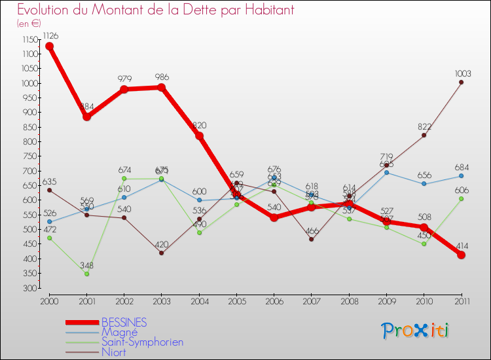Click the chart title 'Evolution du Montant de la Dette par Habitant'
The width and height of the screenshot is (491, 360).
pos(155,10)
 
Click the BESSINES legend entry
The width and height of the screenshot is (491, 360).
pos(124,323)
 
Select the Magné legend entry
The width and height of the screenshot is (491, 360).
pos(119,333)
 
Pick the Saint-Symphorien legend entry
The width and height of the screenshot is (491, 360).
pos(142,342)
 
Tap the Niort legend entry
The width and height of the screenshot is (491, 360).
pos(114,352)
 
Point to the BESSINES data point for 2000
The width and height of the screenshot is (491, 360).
pos(49,46)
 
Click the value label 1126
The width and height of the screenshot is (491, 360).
pos(51,35)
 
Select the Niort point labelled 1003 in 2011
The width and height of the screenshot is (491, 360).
pos(461,82)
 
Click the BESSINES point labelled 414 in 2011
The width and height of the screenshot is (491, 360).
pos(461,255)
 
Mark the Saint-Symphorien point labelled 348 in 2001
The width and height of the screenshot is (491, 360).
pos(86,274)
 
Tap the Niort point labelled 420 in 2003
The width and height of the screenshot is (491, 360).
pos(162,253)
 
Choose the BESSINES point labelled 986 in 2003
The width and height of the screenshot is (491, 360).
pos(162,87)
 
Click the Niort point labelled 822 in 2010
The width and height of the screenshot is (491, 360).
pos(424,135)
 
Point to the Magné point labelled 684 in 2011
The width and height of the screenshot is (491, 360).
pos(461,175)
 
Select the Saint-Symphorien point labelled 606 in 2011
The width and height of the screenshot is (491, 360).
pos(461,198)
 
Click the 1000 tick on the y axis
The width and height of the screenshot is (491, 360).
pos(29,83)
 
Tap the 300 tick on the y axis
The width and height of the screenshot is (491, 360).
pos(30,288)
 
